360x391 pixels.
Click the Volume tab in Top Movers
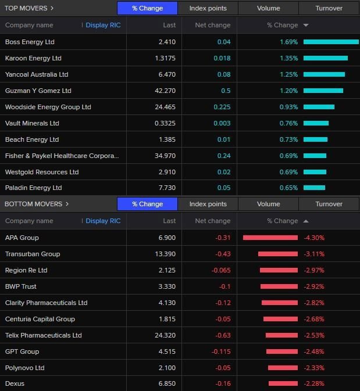point(268,8)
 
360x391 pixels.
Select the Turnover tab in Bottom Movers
point(329,204)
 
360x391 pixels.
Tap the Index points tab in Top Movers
point(208,8)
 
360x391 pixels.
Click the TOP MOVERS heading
point(29,8)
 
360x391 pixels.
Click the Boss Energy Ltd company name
point(30,42)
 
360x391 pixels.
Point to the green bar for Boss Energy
point(331,42)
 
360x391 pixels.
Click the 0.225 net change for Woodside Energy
point(222,107)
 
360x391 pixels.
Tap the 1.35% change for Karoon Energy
point(288,58)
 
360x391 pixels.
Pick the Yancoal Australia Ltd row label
point(37,74)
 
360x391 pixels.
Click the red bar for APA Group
point(270,238)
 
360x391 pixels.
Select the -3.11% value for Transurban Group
point(314,254)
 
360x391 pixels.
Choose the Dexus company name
point(15,383)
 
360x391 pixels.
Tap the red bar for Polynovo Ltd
point(283,368)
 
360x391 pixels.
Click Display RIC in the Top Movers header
point(103,25)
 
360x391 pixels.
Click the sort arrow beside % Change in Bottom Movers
point(306,221)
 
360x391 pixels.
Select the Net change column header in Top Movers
point(212,25)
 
